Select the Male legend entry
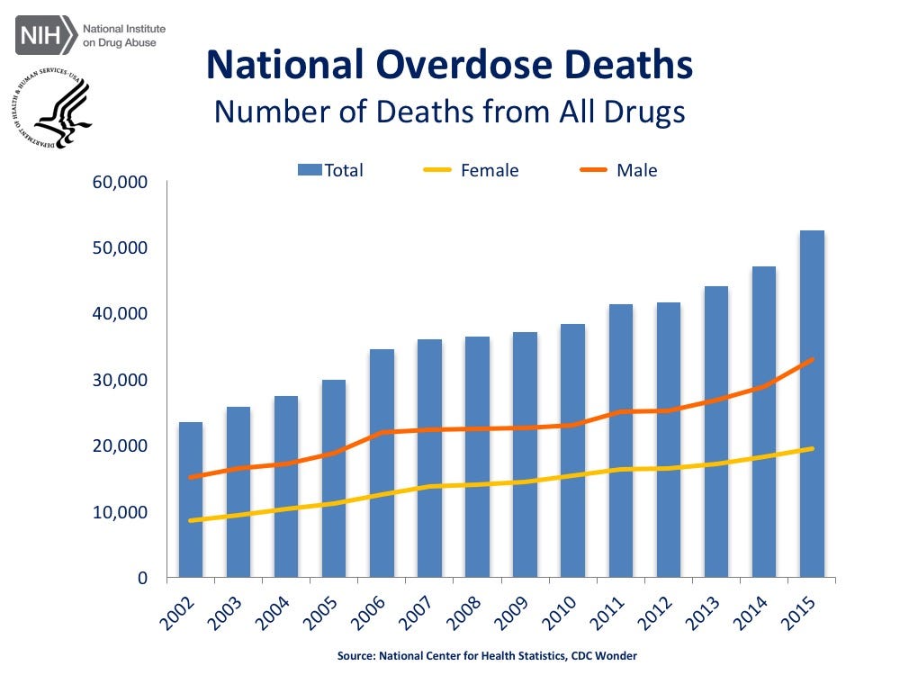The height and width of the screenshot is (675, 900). pos(621,170)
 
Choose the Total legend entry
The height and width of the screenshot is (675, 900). pos(333,170)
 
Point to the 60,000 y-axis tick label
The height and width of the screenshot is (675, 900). pos(121,183)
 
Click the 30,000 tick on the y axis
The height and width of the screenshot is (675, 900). pos(121,381)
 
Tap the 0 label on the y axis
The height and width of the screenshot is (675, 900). pos(141,579)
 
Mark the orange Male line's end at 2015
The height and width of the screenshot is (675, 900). pos(812,359)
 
